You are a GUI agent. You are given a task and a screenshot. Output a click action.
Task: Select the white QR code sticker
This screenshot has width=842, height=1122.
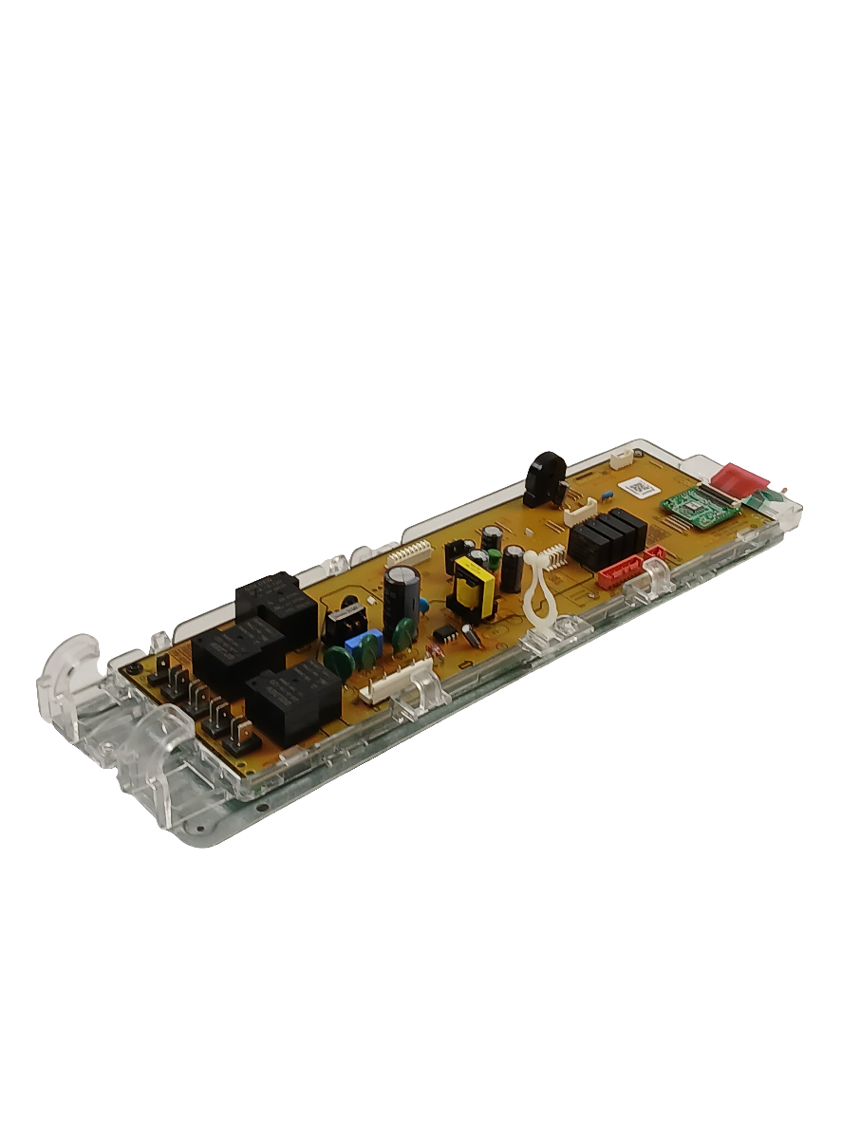(636, 487)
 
